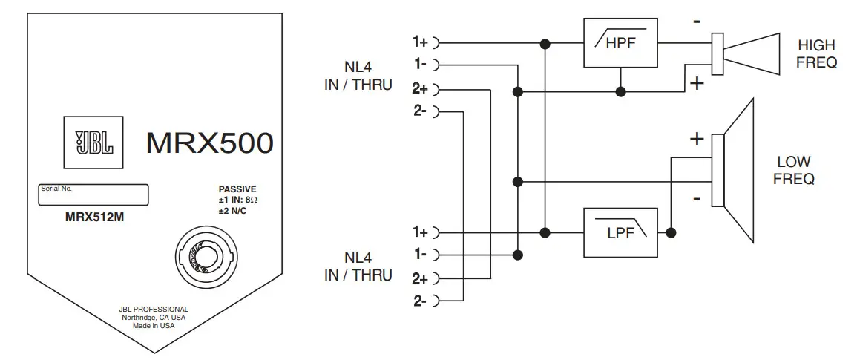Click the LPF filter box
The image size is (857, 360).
point(620,232)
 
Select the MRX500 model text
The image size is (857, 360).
point(209,143)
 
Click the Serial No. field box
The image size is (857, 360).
point(93,194)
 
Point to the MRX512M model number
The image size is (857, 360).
point(93,218)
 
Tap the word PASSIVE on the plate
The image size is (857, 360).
point(237,189)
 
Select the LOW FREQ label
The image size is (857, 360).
point(795,170)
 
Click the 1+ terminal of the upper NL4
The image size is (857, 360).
point(421,42)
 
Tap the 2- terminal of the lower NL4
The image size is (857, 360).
point(421,301)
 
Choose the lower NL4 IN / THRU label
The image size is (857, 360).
point(358,267)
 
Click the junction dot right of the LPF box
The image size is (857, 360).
point(671,232)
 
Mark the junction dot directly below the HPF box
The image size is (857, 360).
point(621,91)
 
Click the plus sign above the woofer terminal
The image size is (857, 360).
point(696,139)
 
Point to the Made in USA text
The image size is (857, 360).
point(154,326)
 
